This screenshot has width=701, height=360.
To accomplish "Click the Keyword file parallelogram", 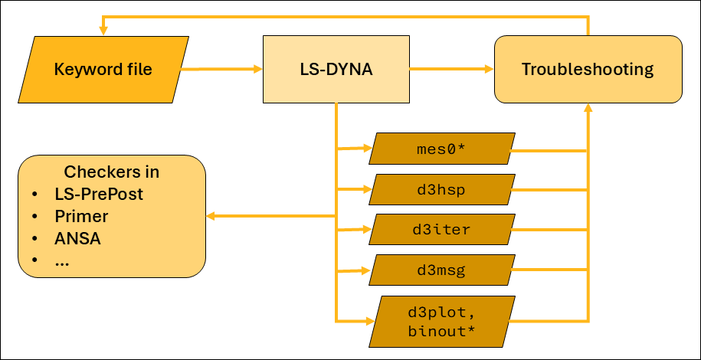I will [x=103, y=70].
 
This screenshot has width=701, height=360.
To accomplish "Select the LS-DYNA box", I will [x=336, y=70].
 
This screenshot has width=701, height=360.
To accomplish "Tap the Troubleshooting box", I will [x=588, y=70].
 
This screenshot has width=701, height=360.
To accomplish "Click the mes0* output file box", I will [x=441, y=149].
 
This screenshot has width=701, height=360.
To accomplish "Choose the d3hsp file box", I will [x=441, y=189].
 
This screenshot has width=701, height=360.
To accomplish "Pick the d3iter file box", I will [x=441, y=230].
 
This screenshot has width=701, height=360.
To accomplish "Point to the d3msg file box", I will [x=441, y=270].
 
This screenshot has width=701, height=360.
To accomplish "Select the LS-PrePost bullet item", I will [x=99, y=194].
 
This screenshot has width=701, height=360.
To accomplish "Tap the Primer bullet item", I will [x=81, y=216].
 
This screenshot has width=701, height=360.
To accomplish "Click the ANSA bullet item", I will [x=77, y=238].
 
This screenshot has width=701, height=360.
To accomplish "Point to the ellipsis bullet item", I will [x=62, y=260].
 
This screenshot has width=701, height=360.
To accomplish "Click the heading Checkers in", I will [x=112, y=172].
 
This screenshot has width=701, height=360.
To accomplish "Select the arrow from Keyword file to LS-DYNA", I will [x=221, y=70].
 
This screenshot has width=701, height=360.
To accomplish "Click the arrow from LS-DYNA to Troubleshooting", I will [x=452, y=70].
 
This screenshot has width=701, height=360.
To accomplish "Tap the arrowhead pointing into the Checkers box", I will [x=211, y=217].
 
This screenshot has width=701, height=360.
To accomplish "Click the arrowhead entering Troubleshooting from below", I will [x=588, y=109].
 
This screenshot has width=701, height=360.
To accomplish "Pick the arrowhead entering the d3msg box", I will [x=367, y=270].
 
